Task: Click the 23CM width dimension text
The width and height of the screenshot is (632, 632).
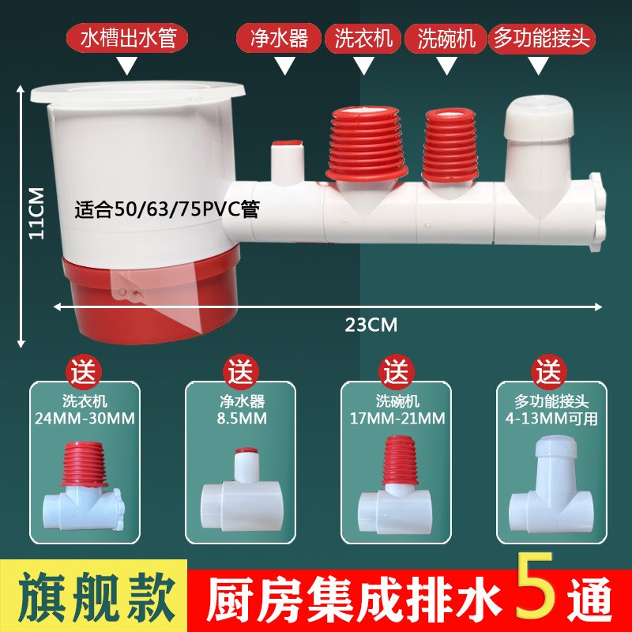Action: coord(371,324)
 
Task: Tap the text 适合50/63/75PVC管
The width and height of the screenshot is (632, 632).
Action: coord(167,211)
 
